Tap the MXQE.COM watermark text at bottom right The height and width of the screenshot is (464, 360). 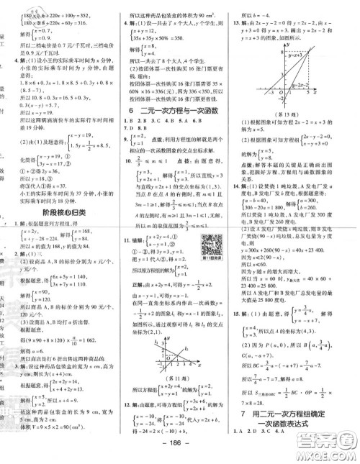click(x=328, y=454)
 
